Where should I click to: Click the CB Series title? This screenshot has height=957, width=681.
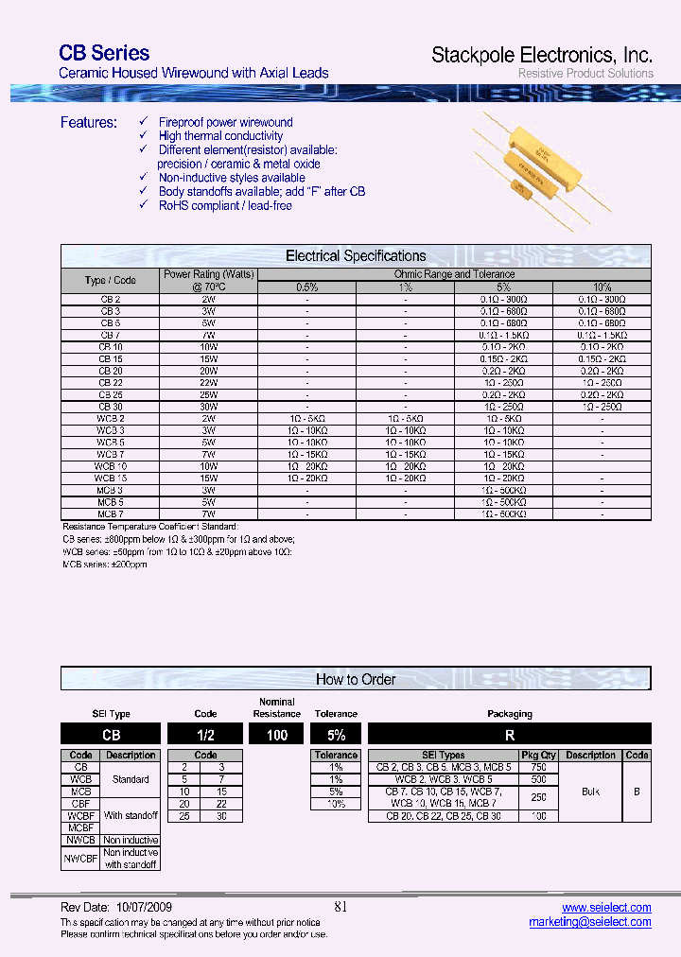pos(104,54)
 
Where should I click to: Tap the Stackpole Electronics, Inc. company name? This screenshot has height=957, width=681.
pos(542,55)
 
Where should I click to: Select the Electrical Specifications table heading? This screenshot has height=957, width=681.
pos(356,256)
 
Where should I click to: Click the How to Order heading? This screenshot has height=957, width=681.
pos(356,679)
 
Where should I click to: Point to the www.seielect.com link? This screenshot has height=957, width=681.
pos(606,907)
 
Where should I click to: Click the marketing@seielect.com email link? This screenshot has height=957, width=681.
pos(589,922)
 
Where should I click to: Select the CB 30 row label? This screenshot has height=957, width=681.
pos(110,407)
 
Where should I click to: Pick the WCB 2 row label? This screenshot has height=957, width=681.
pos(110,418)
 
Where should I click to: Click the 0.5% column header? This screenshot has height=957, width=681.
pos(306,287)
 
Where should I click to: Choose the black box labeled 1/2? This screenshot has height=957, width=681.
pos(205,734)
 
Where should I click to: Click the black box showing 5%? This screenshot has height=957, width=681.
pos(336,734)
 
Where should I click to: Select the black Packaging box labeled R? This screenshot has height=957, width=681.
pos(510,734)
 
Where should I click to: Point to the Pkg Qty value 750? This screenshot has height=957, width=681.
pos(538,768)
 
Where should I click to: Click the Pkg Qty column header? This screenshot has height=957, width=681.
pos(538,756)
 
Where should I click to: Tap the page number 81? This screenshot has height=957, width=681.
pos(340,907)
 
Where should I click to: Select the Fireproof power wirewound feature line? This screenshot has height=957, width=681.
pos(225,123)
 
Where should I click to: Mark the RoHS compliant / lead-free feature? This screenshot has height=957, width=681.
pos(225,205)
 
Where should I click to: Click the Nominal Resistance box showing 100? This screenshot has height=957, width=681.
pos(276,734)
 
